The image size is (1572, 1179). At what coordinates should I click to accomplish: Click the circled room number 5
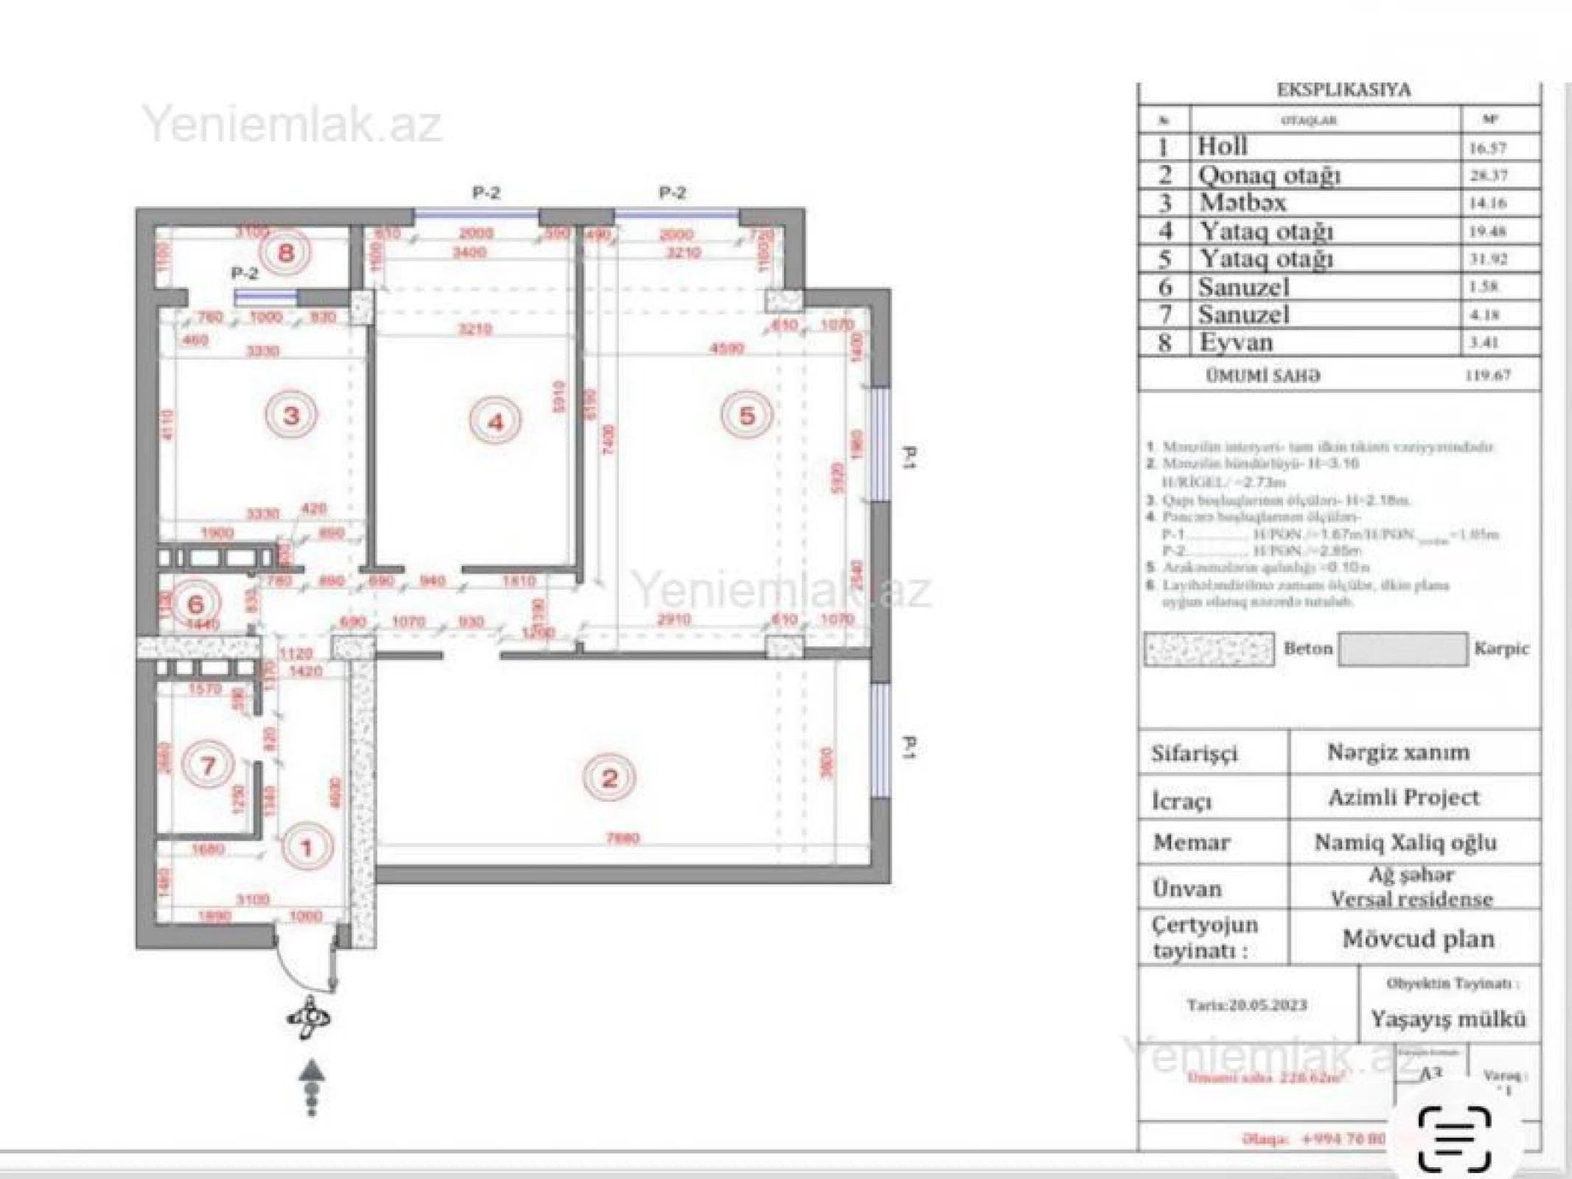coord(747,416)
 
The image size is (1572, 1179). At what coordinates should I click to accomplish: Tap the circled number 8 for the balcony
coord(285,253)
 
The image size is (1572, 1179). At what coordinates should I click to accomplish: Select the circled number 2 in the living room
coord(609,778)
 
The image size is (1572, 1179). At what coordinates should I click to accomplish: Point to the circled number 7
coord(208,765)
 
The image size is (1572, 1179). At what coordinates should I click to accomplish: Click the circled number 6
coord(195,604)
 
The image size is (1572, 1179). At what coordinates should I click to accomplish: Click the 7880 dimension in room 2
coord(622,838)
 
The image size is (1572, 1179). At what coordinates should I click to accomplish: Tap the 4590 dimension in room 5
coord(726,348)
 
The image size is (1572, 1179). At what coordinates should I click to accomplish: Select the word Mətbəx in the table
coord(1243,203)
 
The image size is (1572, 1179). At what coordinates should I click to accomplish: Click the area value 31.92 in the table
coord(1488,259)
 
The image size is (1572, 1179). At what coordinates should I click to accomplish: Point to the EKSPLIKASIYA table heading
coord(1343,90)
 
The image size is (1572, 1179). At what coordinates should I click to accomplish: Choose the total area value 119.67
coord(1487,375)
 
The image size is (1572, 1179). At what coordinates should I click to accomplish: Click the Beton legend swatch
coord(1209,649)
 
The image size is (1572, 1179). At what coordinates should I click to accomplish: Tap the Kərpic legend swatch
coord(1402,649)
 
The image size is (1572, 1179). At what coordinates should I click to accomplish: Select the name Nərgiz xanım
coord(1398,752)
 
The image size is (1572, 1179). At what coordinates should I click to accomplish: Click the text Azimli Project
coord(1403,797)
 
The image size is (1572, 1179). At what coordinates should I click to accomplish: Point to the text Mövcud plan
coord(1417,939)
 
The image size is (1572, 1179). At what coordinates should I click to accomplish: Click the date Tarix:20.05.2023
coord(1246,1005)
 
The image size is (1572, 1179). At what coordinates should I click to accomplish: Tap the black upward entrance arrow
coord(312,1070)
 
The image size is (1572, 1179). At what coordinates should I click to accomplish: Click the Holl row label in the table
coord(1222,146)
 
